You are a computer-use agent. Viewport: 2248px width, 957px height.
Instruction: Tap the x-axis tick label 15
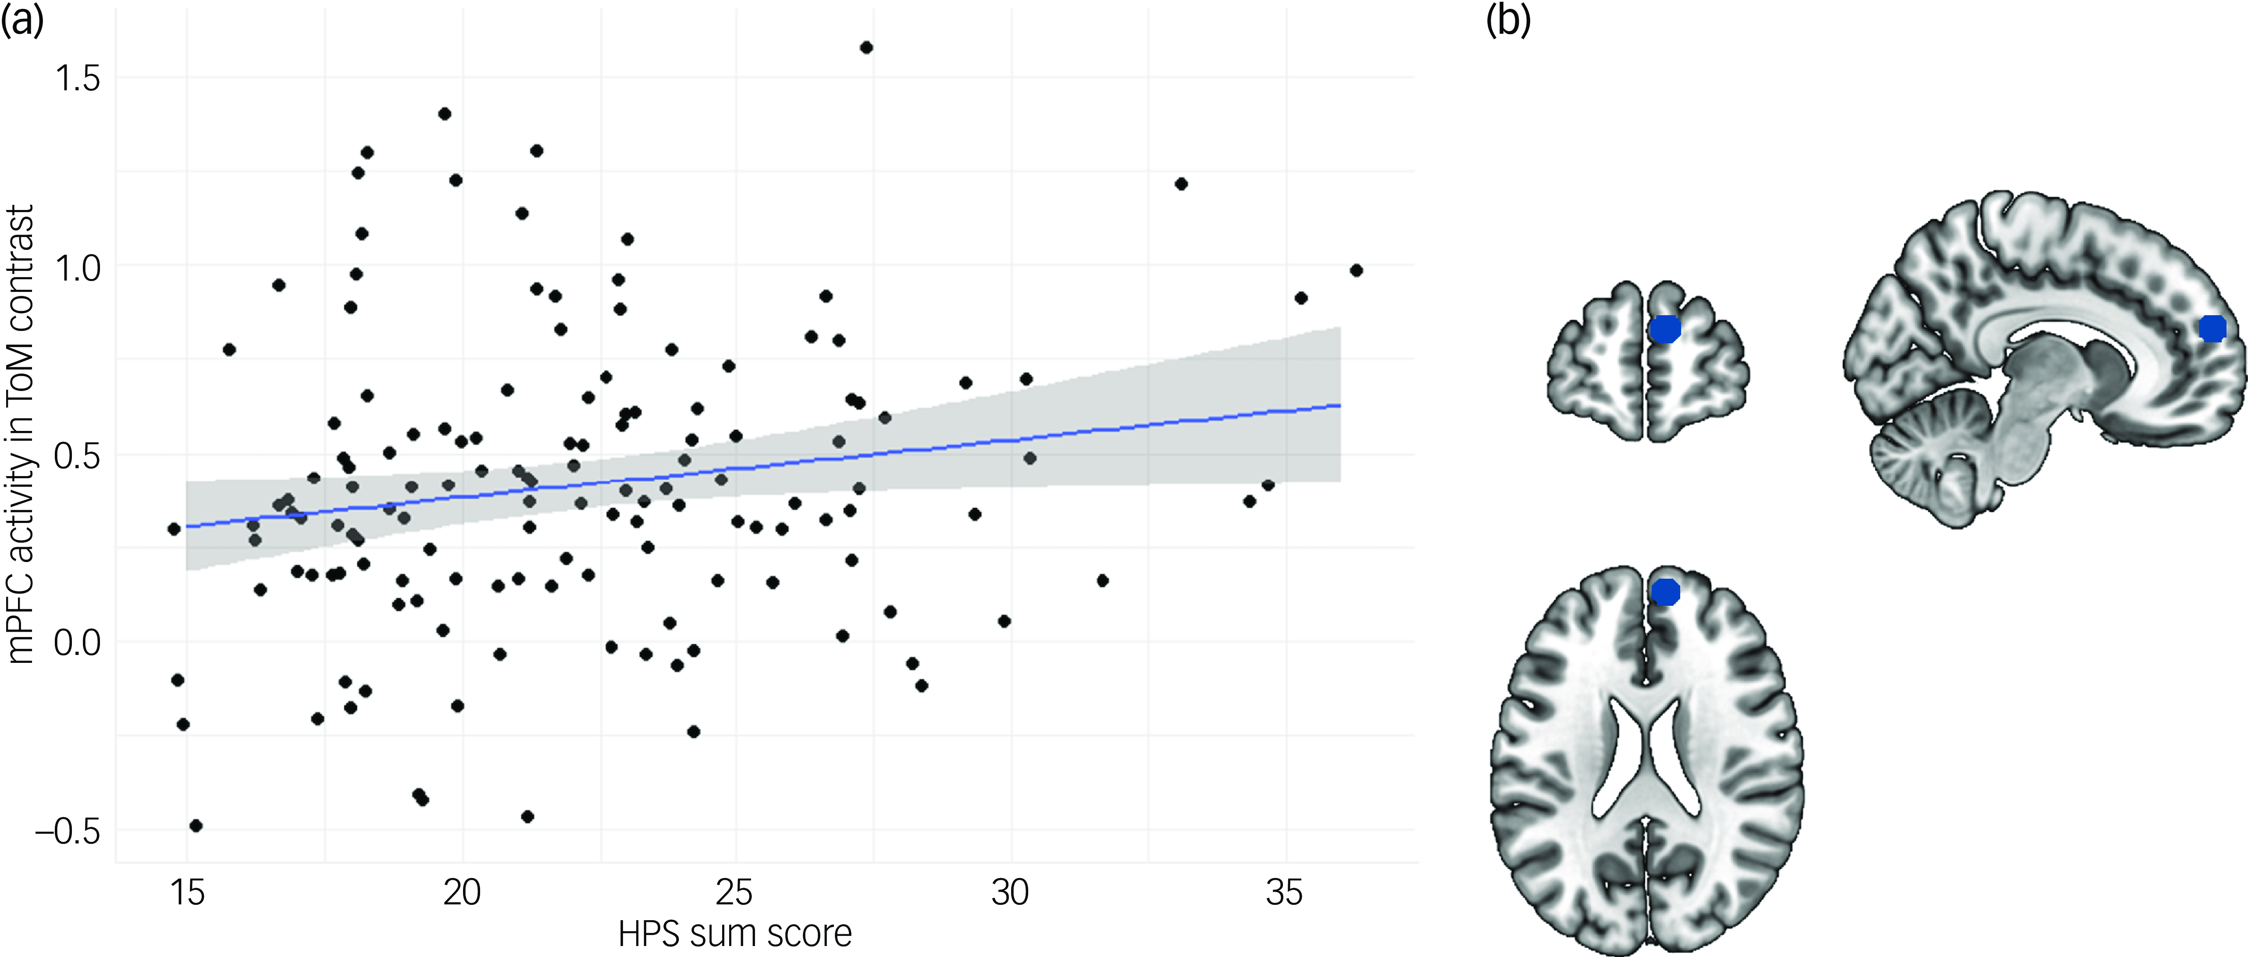[x=187, y=893]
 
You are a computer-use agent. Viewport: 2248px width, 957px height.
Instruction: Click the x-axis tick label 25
[x=735, y=893]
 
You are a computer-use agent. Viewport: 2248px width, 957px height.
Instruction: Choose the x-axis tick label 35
[x=1284, y=893]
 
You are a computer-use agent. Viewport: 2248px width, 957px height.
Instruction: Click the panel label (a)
[x=22, y=19]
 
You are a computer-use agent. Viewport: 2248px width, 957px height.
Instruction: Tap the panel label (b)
[x=1508, y=19]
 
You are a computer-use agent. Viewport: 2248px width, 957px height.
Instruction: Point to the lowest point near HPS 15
[x=196, y=825]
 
